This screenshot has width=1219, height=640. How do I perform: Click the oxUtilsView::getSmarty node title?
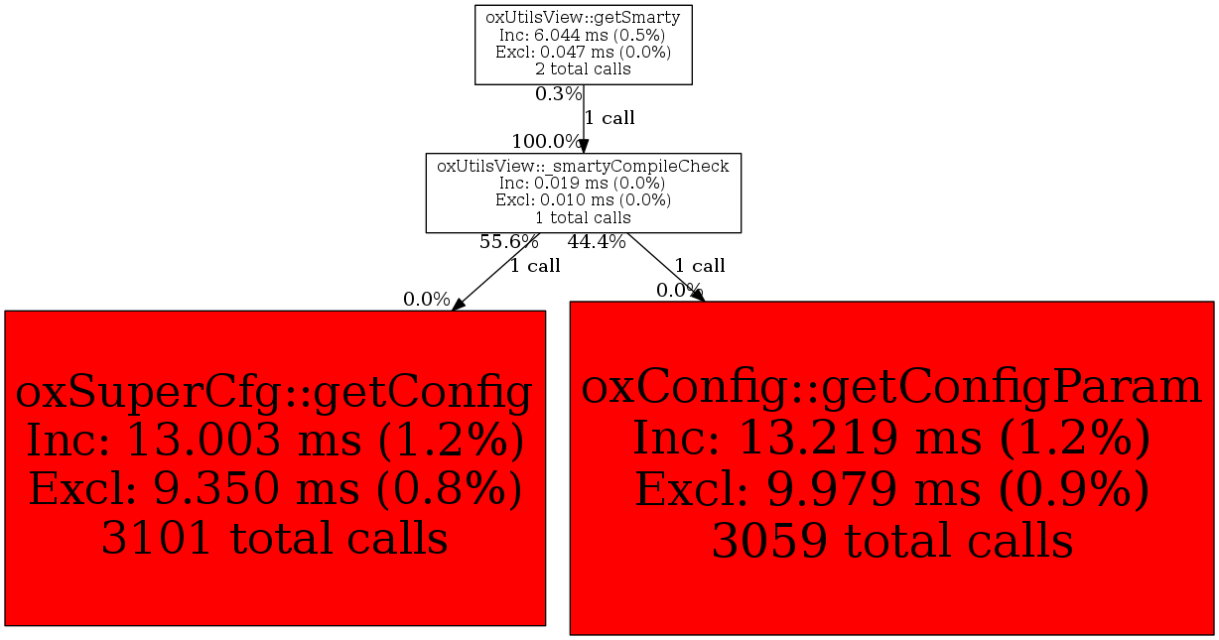(x=583, y=18)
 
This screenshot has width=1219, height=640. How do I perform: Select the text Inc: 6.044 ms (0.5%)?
(x=583, y=35)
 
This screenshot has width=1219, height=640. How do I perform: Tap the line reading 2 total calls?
(x=583, y=69)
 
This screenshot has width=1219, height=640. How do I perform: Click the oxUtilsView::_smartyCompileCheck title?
(x=583, y=166)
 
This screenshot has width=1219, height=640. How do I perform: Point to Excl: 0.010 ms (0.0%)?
(x=583, y=200)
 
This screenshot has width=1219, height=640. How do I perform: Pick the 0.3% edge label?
(x=558, y=94)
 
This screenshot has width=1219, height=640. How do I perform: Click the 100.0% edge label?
(x=546, y=141)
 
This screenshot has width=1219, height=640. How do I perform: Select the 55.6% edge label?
(x=509, y=241)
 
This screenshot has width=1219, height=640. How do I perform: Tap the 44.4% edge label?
(x=597, y=241)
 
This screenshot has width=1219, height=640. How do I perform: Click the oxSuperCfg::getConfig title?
(x=274, y=392)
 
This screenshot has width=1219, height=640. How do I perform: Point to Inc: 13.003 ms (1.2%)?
(x=275, y=440)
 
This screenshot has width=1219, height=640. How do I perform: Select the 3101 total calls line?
(x=274, y=538)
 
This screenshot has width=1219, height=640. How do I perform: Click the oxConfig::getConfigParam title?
(x=891, y=387)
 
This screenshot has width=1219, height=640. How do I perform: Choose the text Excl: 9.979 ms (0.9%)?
(x=892, y=489)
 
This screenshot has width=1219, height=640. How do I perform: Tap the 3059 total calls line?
(x=892, y=541)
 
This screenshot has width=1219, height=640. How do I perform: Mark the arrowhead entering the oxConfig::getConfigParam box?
(x=699, y=296)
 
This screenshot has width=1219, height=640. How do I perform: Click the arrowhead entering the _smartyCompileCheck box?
(x=583, y=146)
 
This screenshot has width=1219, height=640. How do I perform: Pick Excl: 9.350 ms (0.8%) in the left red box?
(x=275, y=489)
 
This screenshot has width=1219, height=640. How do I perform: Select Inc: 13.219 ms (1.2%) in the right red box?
(x=892, y=438)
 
